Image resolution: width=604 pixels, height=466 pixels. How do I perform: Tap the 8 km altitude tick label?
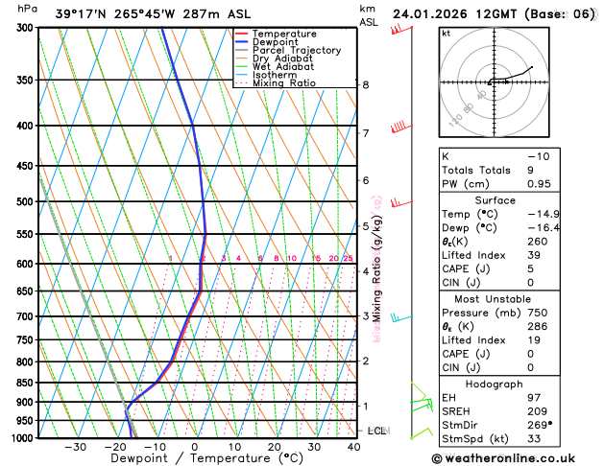(365, 85)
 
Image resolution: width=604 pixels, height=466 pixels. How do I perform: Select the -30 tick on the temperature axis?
(75, 447)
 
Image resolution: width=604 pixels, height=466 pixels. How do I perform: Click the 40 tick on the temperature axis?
(354, 447)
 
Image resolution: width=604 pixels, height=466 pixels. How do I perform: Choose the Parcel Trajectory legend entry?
(296, 50)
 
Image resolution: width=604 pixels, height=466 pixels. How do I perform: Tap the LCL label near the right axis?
(376, 431)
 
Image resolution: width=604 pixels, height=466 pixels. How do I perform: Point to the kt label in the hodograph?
(446, 33)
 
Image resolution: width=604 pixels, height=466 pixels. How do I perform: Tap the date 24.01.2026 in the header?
(430, 13)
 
